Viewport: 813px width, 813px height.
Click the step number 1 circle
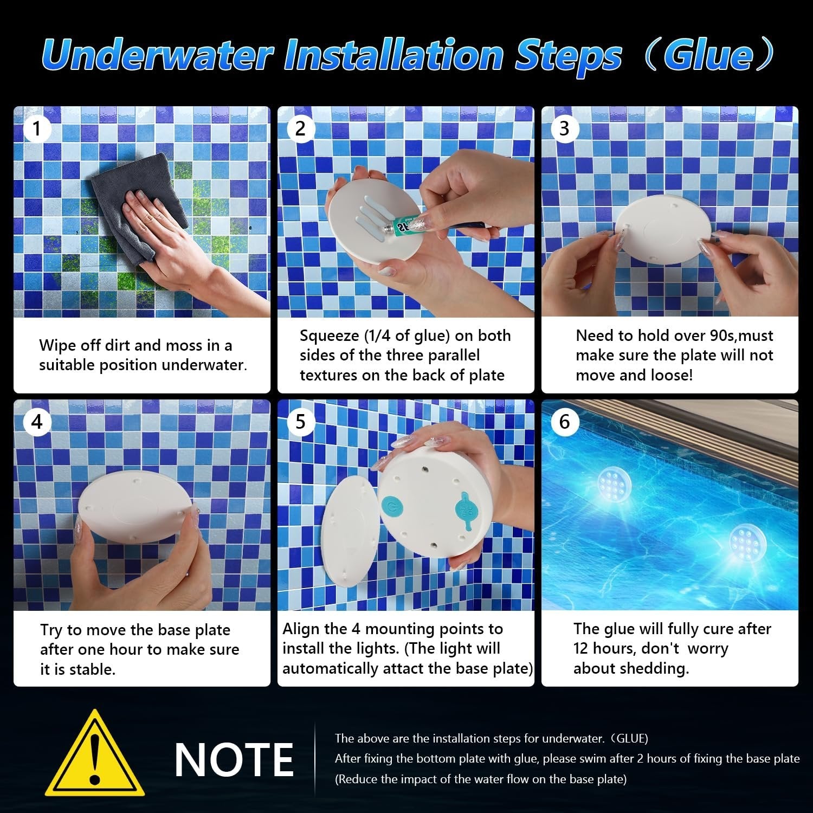coord(37,129)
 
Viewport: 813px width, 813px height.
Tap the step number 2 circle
coord(301,129)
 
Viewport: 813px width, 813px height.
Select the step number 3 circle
coord(564,129)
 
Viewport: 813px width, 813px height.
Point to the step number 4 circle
coord(37,422)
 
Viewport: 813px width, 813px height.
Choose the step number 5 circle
coord(301,422)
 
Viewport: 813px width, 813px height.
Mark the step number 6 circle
coord(564,422)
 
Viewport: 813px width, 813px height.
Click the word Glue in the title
coord(708,55)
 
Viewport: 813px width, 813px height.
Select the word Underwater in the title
coord(157,55)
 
